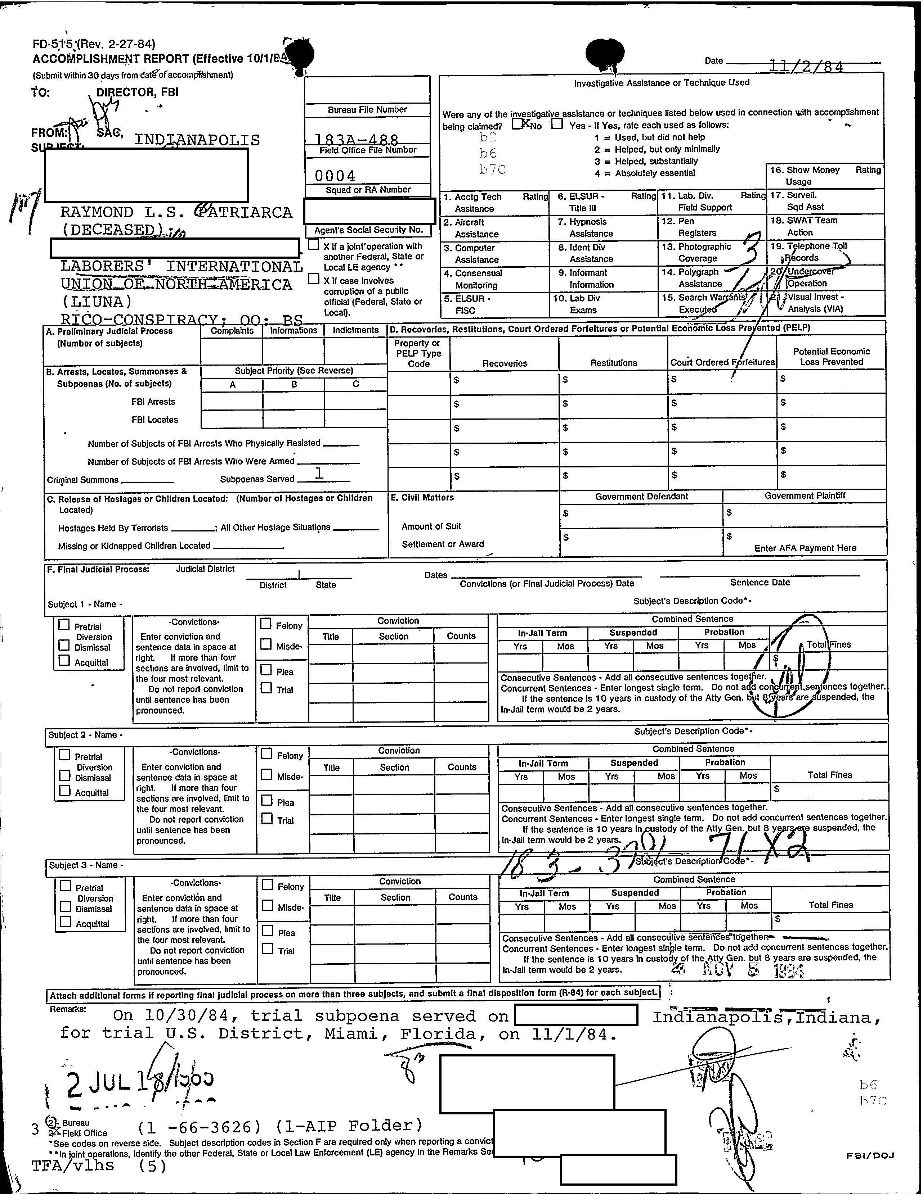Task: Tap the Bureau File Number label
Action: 367,109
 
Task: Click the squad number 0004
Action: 335,176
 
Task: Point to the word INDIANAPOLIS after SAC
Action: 197,140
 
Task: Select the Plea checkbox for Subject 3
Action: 268,931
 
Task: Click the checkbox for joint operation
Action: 313,245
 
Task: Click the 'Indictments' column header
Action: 355,330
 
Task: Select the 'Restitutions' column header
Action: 613,363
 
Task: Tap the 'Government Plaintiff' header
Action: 804,496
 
